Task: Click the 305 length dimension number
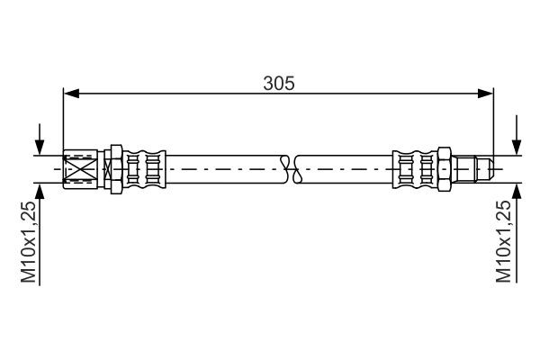point(278,83)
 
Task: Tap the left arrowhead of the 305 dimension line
point(70,92)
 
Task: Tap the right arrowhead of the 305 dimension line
point(486,92)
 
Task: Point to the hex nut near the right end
point(444,166)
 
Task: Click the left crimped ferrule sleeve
point(144,166)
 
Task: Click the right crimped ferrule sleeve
point(413,166)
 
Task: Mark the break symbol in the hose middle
point(289,166)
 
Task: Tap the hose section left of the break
point(225,166)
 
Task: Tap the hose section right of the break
point(342,166)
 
